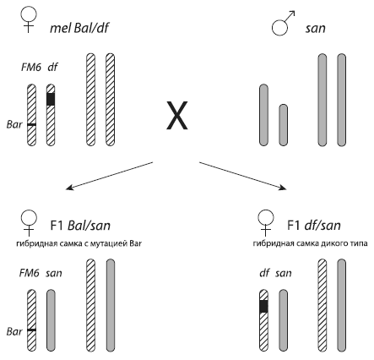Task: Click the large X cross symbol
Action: pos(177,115)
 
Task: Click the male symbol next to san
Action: pos(281,25)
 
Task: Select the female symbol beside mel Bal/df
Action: pos(29,19)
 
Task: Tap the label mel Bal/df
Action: pos(79,28)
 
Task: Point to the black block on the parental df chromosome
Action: pos(51,99)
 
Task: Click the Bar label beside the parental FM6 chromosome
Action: pos(14,124)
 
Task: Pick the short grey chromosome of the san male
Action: pos(284,125)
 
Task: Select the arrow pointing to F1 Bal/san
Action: pos(109,176)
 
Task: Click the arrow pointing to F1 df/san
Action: pos(243,176)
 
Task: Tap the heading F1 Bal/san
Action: pos(80,226)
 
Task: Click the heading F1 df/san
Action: pos(314,226)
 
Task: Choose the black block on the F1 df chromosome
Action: pos(263,306)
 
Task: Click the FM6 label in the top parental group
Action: pos(31,68)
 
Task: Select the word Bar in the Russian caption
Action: pos(135,243)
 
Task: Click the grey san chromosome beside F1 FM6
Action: pos(51,320)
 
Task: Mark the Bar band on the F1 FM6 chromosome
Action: pos(32,330)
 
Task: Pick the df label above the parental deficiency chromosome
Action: pos(52,68)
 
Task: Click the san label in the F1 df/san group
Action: pos(284,273)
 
